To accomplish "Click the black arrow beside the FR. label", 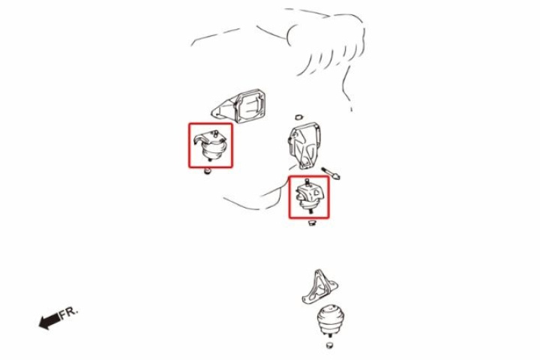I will coord(48,322).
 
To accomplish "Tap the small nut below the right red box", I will coord(314,224).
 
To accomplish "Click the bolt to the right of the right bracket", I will coord(333,172).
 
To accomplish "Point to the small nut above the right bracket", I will coord(298,118).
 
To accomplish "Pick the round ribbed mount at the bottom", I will coord(328,320).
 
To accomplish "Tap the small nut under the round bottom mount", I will coord(329,346).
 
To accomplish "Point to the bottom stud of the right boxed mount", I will coord(310,214).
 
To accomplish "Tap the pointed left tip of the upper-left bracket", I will coord(212,114).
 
